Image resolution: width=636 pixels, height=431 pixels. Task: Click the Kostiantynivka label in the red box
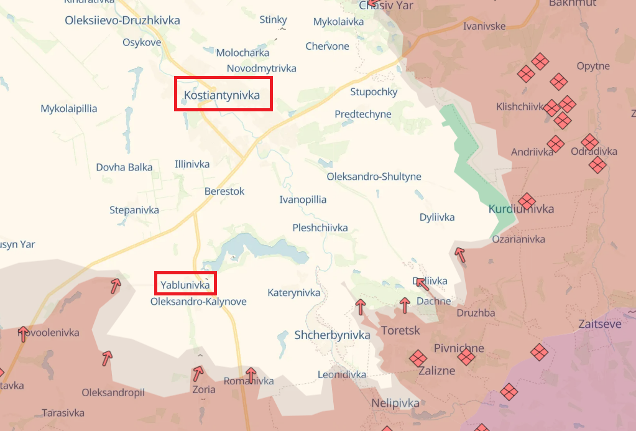coord(222,95)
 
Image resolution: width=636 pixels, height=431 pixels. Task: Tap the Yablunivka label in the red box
coord(185,285)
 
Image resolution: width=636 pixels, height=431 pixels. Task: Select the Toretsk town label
coord(400,330)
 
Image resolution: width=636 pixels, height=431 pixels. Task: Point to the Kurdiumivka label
coord(521,209)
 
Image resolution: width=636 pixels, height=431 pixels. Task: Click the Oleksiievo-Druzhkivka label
coord(122,21)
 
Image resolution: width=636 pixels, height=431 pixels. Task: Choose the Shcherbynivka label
coord(332,335)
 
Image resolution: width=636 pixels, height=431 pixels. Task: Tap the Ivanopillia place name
coord(303,200)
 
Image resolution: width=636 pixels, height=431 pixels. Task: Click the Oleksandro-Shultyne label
coord(374,177)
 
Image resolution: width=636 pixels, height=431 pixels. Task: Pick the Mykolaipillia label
coord(69,109)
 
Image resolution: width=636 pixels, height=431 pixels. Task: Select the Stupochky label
coord(374,92)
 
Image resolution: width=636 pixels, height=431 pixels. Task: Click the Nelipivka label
coord(396,403)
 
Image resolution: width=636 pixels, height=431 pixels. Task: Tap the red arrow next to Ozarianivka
coord(459,254)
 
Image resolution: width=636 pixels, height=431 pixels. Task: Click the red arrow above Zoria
coord(198,373)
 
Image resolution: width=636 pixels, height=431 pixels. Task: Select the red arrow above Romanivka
coord(251,374)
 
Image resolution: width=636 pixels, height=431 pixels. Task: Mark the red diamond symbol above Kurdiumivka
coord(527,200)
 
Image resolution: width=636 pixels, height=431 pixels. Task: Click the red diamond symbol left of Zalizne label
coord(417,358)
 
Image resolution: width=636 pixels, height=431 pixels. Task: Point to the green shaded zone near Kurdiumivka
coord(476,162)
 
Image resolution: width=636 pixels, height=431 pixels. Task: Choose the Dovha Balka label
coord(124,167)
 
